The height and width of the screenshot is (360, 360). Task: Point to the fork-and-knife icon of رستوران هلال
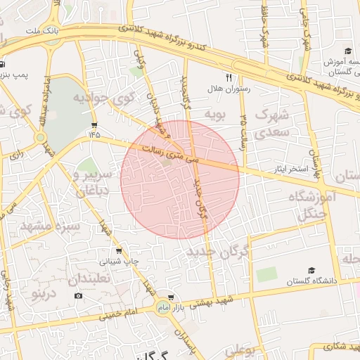click(x=229, y=77)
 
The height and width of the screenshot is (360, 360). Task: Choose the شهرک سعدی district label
click(x=271, y=122)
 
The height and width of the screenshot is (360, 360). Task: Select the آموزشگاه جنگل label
click(x=312, y=207)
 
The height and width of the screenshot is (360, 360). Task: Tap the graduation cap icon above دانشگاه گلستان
click(x=311, y=271)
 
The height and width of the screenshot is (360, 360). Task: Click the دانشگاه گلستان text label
click(x=311, y=281)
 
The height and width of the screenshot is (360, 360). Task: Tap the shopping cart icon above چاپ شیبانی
click(x=118, y=250)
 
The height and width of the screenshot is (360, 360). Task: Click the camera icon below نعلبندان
click(x=78, y=295)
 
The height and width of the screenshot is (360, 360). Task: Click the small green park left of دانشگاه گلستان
click(x=266, y=274)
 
